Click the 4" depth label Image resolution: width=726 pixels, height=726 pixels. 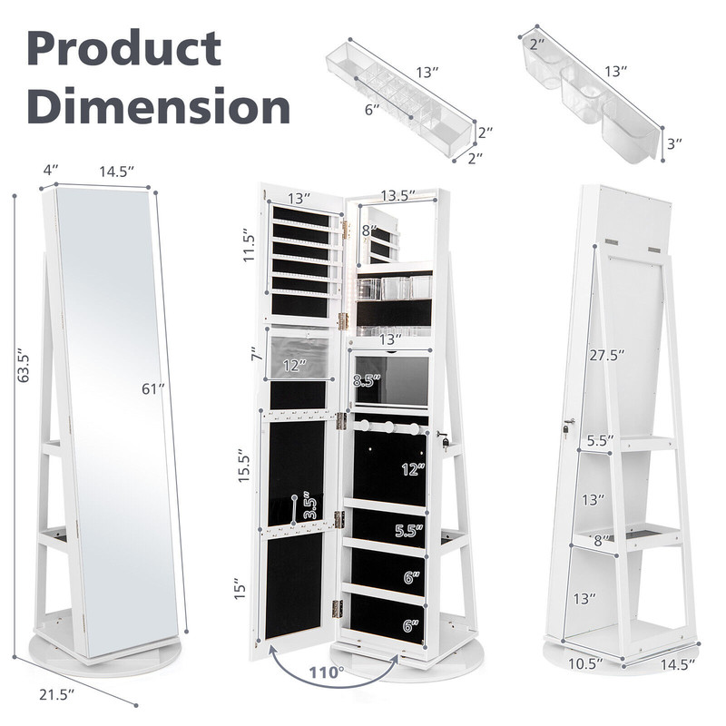pos(50,169)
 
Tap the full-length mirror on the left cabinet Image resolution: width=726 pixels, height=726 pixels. pos(116,408)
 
